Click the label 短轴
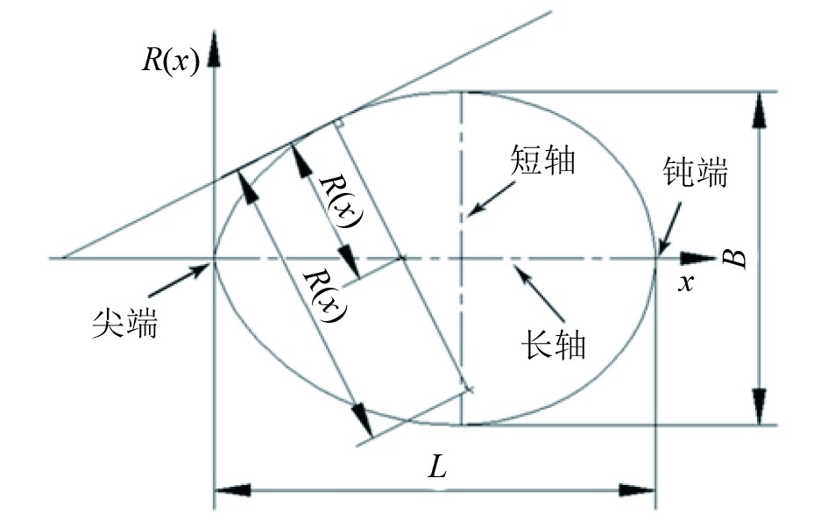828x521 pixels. (x=541, y=161)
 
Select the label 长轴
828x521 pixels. (x=553, y=341)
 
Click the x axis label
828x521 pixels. (x=688, y=282)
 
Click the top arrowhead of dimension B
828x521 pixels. (x=759, y=107)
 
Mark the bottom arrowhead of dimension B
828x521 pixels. (x=759, y=410)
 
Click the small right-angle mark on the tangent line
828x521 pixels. (x=339, y=123)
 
